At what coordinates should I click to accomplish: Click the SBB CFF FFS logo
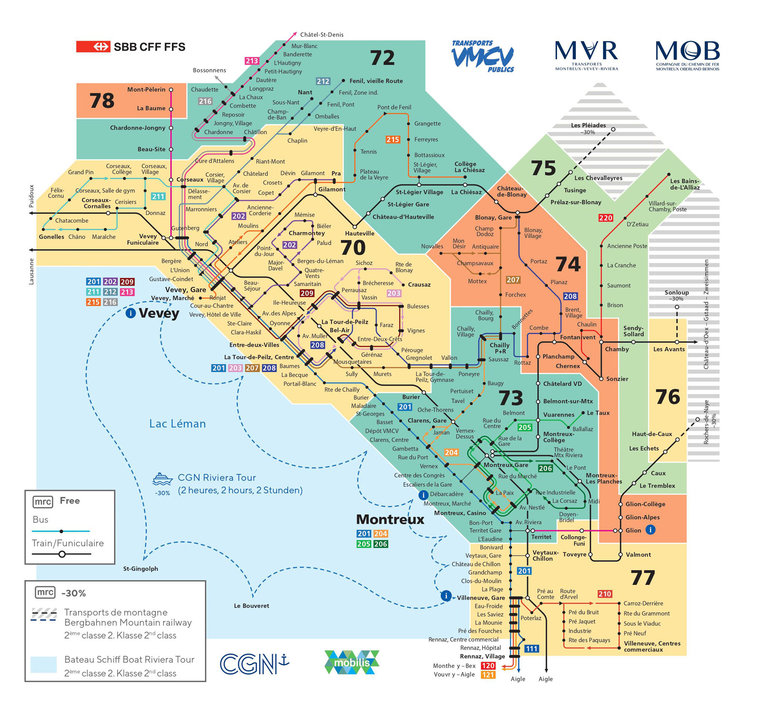point(131,46)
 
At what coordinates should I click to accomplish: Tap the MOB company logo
point(687,55)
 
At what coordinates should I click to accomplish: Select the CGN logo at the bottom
point(254,664)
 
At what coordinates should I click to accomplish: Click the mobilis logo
point(352,662)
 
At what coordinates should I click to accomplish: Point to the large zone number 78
point(102,100)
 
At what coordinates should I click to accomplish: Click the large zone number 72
point(382,58)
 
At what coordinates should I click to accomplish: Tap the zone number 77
point(643,578)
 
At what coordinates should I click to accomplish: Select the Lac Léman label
point(178,424)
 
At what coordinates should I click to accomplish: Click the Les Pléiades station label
point(588,125)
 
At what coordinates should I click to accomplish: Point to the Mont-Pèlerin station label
point(146,89)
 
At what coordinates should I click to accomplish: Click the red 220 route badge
point(606,218)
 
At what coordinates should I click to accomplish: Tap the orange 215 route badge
point(393,139)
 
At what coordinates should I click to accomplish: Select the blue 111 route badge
point(531,649)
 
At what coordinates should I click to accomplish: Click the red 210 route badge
point(604,594)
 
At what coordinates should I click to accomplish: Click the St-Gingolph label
point(140,569)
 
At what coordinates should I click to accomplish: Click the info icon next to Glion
point(650,529)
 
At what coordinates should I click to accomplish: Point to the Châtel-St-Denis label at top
point(322,35)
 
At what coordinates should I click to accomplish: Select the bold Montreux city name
point(390,519)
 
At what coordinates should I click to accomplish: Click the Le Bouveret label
point(251,606)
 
